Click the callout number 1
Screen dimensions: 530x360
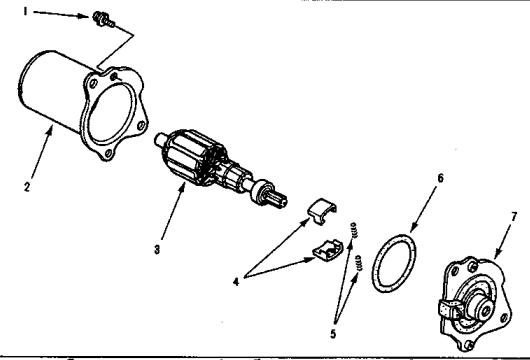coord(25,12)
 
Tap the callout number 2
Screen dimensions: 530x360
coord(27,187)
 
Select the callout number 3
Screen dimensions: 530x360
coord(157,250)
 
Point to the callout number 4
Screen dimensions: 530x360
coord(236,282)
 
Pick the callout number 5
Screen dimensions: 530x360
coord(333,334)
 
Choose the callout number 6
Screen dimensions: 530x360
coord(440,178)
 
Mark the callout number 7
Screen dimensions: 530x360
coord(514,216)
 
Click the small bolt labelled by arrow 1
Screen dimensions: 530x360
coord(103,19)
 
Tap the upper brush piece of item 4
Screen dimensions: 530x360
coord(321,211)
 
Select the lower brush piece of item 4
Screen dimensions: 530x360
coord(327,251)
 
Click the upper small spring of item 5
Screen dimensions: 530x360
coord(354,230)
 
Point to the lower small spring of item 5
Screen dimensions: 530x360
coord(358,263)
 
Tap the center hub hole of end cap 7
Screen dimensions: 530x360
coord(486,311)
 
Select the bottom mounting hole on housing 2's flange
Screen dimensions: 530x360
coord(108,154)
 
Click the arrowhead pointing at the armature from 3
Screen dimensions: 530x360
coord(183,187)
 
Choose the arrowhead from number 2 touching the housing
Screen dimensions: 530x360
coord(51,128)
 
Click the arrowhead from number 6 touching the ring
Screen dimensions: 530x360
coord(413,229)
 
